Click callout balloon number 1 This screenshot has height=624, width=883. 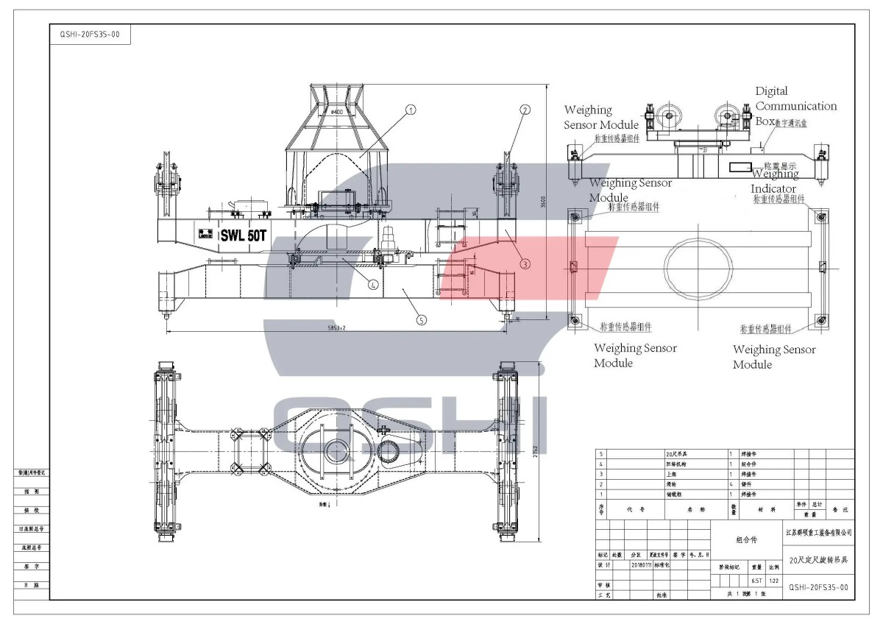click(x=411, y=110)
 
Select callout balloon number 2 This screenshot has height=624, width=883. click(x=525, y=110)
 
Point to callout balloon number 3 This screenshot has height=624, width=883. click(x=525, y=263)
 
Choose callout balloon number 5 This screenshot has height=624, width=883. click(x=421, y=319)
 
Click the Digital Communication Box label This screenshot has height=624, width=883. click(x=795, y=105)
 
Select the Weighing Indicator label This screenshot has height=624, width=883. click(x=773, y=182)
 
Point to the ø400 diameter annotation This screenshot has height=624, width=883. click(x=338, y=111)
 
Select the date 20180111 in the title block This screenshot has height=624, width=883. click(x=642, y=565)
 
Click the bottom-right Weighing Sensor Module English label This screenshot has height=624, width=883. click(x=773, y=357)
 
